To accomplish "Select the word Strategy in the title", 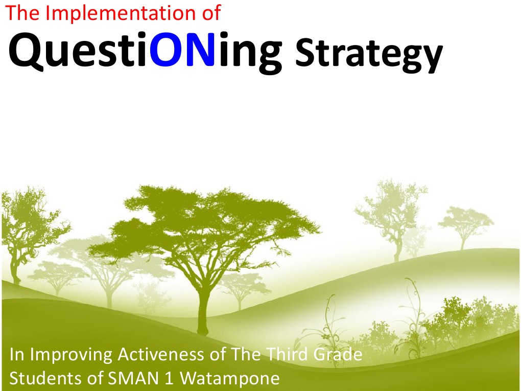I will (x=368, y=55).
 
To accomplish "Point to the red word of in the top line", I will (x=210, y=13).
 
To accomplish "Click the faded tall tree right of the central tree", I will (x=393, y=215).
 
